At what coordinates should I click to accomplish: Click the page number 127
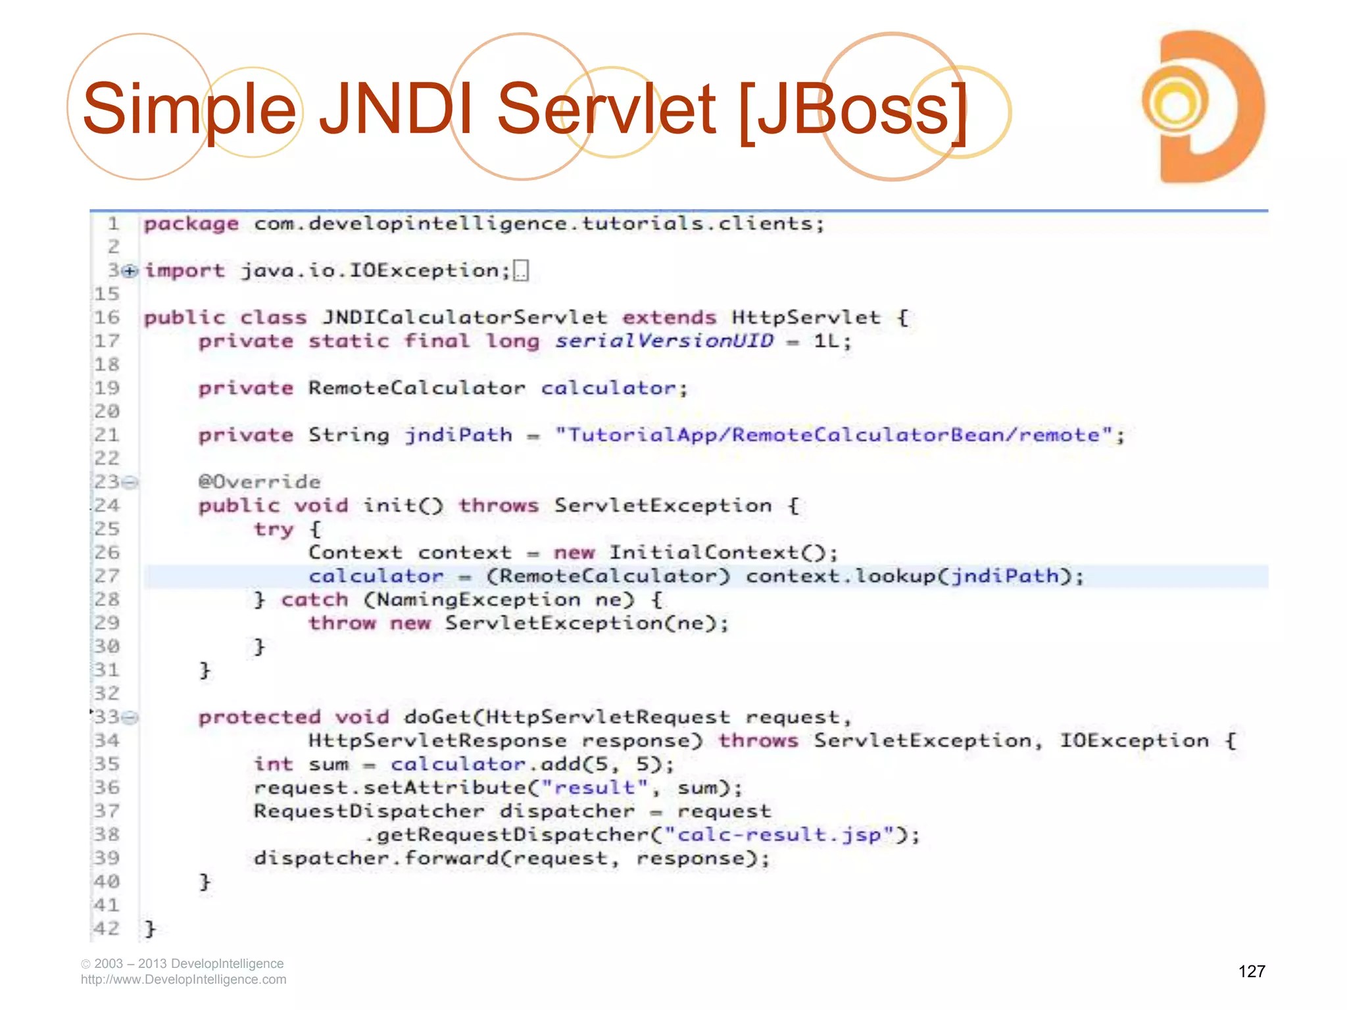(x=1251, y=971)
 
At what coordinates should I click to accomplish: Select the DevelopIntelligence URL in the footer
(x=184, y=979)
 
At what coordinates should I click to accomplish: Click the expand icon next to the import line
(x=131, y=271)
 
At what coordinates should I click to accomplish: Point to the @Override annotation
(x=259, y=482)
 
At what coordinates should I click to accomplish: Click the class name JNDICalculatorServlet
(x=464, y=318)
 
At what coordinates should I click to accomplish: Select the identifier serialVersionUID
(x=664, y=341)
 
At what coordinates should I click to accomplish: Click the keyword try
(x=273, y=529)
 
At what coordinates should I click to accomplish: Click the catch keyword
(x=314, y=600)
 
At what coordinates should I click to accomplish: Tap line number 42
(x=107, y=928)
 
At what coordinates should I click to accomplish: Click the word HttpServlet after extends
(x=805, y=318)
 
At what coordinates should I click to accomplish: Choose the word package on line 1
(x=191, y=224)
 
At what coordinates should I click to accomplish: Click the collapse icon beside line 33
(x=131, y=717)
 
